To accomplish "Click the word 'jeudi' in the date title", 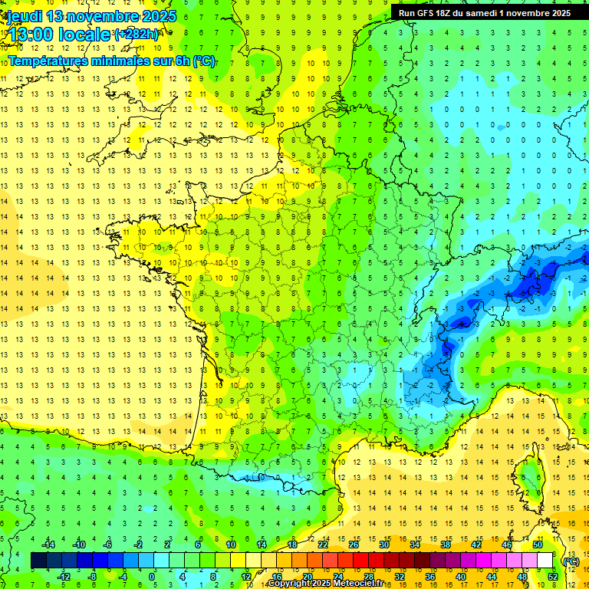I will coord(25,16).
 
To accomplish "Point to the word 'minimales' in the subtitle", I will coord(123,61).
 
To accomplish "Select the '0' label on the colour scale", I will coord(152,577).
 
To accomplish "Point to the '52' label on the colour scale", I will coord(553,577).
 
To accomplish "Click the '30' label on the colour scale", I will coord(383,545).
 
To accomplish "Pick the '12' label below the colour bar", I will coord(245,577).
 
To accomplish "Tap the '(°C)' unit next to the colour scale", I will coord(571,561).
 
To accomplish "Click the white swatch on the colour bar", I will coord(545,561).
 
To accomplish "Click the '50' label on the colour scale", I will coord(538,545).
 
